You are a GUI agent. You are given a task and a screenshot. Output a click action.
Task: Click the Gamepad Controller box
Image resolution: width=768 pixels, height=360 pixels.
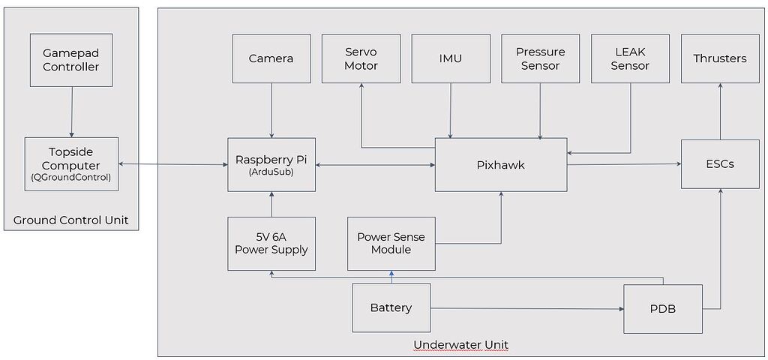tap(71, 59)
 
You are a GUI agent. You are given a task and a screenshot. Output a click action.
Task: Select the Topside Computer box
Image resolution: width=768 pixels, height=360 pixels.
tap(71, 163)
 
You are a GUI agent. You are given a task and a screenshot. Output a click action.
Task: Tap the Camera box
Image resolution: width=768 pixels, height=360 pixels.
tap(271, 58)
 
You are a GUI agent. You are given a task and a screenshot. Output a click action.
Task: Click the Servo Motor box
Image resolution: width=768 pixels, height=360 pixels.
tap(361, 58)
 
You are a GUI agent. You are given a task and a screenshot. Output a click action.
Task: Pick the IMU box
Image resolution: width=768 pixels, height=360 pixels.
tap(451, 58)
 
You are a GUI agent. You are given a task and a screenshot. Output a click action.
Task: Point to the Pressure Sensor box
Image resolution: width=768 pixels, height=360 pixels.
tap(540, 58)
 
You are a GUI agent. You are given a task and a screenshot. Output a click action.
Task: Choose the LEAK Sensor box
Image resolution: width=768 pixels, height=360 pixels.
tap(630, 58)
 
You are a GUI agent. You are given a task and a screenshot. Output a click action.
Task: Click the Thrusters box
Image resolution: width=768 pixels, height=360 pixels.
tap(720, 58)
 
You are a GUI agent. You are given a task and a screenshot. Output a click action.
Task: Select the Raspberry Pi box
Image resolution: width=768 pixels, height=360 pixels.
tap(271, 164)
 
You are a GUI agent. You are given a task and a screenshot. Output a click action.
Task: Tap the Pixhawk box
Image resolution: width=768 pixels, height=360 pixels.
tap(500, 164)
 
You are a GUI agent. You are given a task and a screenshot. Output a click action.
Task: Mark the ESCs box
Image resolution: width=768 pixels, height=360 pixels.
tap(720, 163)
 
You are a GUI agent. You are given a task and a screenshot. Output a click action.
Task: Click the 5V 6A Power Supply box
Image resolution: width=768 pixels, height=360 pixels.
tap(271, 244)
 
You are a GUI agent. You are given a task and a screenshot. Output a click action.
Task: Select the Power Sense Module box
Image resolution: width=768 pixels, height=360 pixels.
tap(391, 244)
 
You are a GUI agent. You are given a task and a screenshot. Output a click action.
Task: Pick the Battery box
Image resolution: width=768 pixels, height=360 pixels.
tap(391, 307)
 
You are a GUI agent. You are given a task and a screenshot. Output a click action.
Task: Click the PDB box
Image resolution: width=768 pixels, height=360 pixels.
tap(663, 308)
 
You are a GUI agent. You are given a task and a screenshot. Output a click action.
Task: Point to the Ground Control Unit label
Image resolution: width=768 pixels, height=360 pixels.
tap(71, 220)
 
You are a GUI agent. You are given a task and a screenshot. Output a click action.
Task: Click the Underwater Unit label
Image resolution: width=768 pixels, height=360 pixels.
tap(460, 345)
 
